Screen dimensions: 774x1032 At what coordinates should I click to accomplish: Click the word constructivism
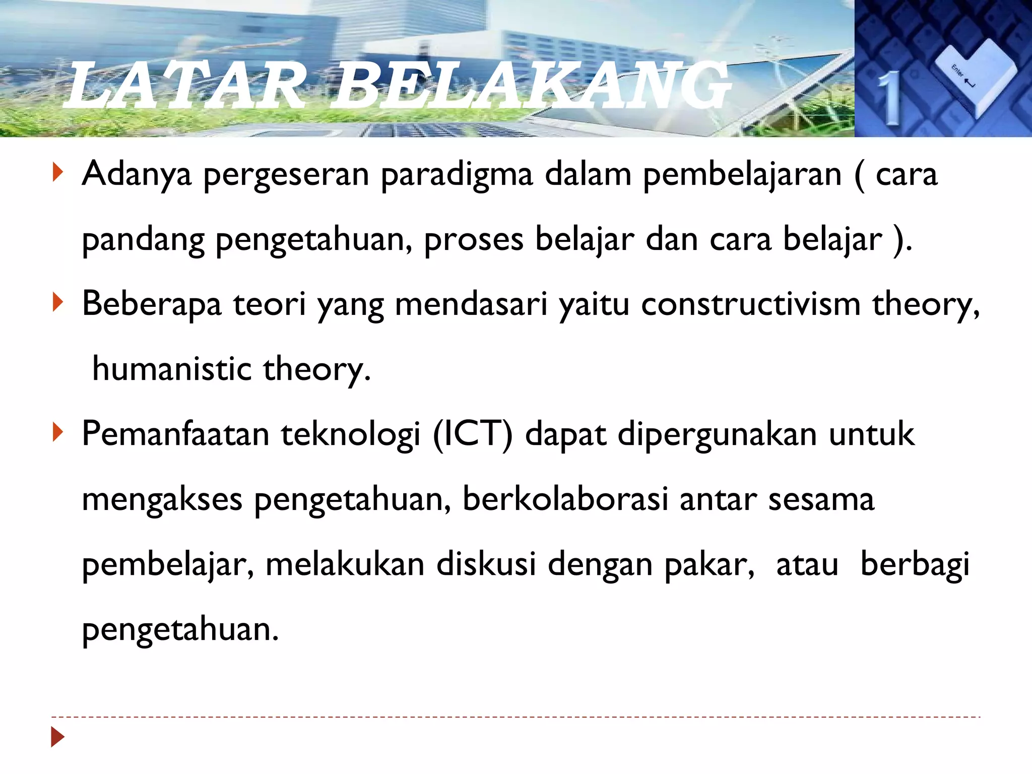click(751, 305)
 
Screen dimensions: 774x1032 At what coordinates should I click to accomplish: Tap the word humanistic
click(172, 369)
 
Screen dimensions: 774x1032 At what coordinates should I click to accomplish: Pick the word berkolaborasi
click(565, 500)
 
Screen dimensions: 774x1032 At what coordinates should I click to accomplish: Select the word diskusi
click(486, 564)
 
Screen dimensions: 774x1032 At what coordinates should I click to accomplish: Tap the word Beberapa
click(152, 305)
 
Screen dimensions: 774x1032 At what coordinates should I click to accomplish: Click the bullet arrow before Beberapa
click(58, 303)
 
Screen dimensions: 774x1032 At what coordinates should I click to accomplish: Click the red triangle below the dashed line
click(58, 737)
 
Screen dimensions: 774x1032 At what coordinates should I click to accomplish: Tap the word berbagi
click(915, 565)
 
